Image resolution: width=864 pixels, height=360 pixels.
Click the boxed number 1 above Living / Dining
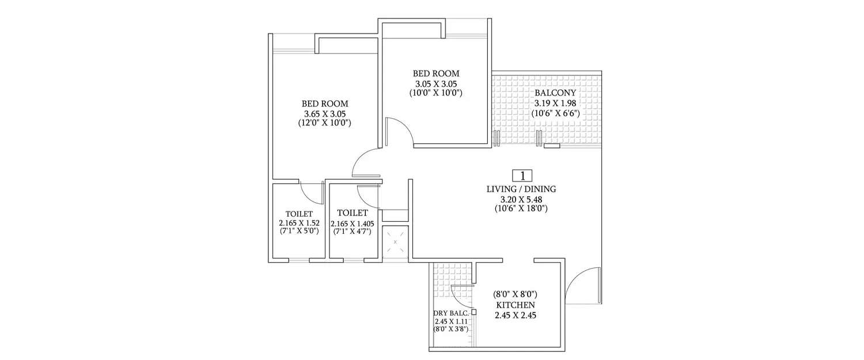[x=522, y=176]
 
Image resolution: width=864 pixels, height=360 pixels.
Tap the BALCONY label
[x=555, y=93]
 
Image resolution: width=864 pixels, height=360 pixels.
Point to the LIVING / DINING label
[x=521, y=189]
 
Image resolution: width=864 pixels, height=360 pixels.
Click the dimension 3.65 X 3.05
[x=325, y=113]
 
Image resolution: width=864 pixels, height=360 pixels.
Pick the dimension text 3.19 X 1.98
[x=555, y=103]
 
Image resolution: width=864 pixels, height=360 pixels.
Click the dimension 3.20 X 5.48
[x=521, y=199]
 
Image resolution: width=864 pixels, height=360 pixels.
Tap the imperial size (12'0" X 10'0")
[x=325, y=123]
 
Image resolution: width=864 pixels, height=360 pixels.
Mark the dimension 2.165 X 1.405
[x=351, y=223]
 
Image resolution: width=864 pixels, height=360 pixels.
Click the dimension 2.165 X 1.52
[x=299, y=222]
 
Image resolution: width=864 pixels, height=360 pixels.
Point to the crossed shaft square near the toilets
[x=395, y=242]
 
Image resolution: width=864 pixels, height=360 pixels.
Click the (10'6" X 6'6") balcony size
[x=555, y=113]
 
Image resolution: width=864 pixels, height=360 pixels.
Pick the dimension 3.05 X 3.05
[x=435, y=83]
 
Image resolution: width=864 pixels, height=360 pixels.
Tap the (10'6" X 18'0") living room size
[x=521, y=209]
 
